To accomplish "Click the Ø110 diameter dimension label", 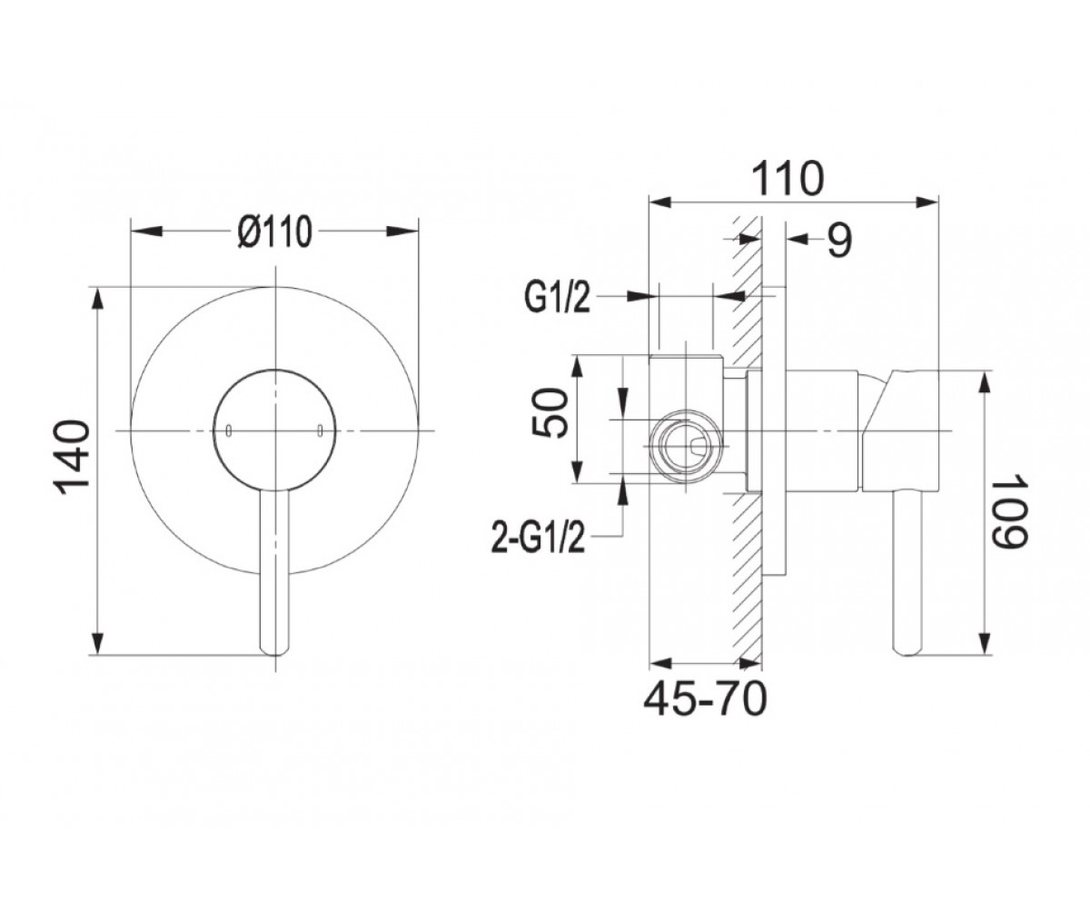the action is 274,232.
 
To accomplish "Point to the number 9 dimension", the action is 840,240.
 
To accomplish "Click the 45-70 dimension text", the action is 705,699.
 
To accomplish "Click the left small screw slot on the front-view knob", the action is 228,430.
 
